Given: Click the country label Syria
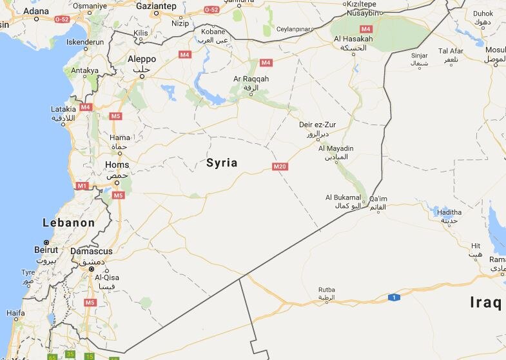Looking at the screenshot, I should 222,163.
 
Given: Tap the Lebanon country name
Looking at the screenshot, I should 68,223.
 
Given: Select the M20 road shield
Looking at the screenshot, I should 280,166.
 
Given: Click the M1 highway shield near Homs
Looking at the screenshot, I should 82,186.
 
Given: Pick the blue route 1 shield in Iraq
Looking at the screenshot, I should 393,297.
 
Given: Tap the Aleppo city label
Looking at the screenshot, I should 142,59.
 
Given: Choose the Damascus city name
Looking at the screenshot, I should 91,251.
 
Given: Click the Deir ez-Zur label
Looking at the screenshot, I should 315,125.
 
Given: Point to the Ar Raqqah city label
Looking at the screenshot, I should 251,79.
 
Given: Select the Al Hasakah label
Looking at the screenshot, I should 353,39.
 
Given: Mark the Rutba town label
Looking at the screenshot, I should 327,290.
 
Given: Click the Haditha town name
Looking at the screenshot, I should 449,212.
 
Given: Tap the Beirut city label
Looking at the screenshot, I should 46,249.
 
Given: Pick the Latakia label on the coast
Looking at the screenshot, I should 64,109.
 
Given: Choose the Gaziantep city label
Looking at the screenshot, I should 156,6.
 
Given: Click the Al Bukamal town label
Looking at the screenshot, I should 342,197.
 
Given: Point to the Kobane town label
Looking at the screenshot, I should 213,31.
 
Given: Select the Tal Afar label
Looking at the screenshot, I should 451,51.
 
